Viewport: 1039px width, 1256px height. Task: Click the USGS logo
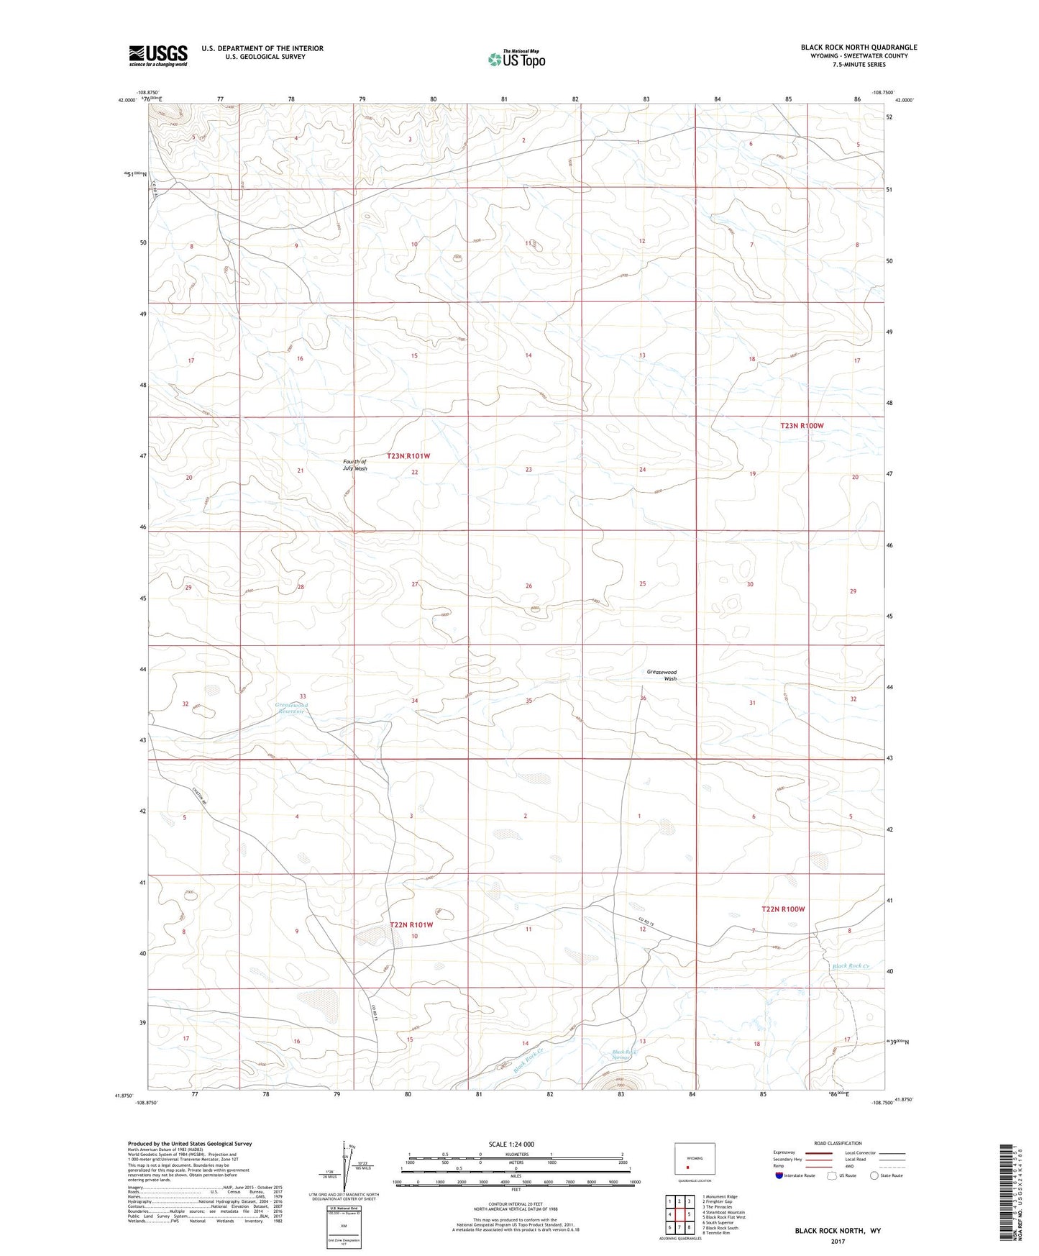(158, 55)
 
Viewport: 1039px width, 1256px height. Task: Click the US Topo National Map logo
(516, 59)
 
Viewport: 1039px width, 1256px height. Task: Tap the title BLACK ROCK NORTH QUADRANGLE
(859, 47)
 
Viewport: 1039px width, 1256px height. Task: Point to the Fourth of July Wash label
(354, 465)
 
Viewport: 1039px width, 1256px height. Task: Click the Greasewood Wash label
(662, 675)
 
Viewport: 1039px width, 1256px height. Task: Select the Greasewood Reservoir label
(292, 708)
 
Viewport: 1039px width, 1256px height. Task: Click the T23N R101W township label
(408, 456)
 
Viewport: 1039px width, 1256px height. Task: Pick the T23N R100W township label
(802, 426)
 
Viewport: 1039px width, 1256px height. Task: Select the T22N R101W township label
(411, 925)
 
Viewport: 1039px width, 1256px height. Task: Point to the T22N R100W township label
(783, 909)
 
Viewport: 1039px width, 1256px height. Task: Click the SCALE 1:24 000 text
(511, 1144)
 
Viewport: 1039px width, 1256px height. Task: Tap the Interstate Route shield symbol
(779, 1196)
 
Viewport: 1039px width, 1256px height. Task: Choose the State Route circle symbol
(874, 1196)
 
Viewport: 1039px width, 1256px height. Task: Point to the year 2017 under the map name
(838, 1241)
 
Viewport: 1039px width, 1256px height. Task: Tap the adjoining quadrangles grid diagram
(679, 1216)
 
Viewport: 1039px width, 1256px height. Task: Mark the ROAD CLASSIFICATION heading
(838, 1143)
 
